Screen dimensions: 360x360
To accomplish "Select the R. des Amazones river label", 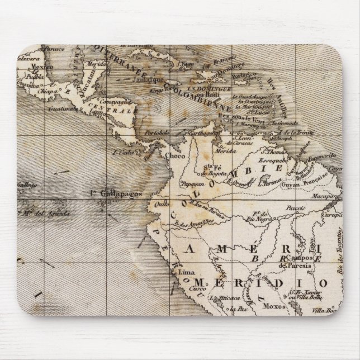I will click(191, 222).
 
